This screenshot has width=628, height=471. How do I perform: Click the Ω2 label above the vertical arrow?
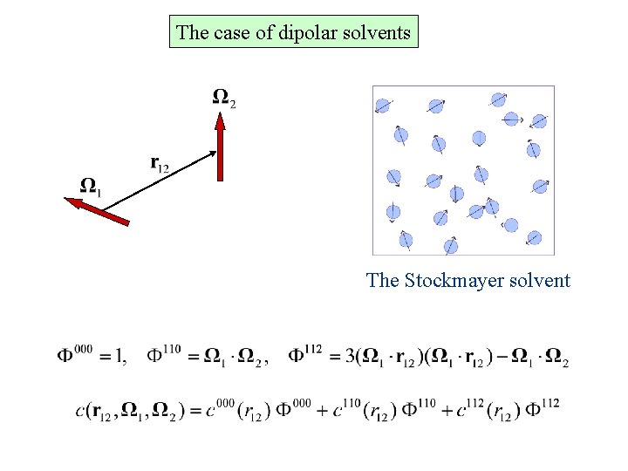(223, 97)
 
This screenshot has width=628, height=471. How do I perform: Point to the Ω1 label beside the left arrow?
(90, 185)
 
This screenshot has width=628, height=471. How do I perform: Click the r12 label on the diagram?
(159, 163)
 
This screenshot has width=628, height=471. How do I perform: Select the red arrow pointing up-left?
(98, 212)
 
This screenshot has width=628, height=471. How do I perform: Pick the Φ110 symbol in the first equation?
(165, 354)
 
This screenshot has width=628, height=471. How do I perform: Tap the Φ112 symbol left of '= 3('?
(305, 354)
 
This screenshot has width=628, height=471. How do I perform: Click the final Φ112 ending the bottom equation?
(542, 407)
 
